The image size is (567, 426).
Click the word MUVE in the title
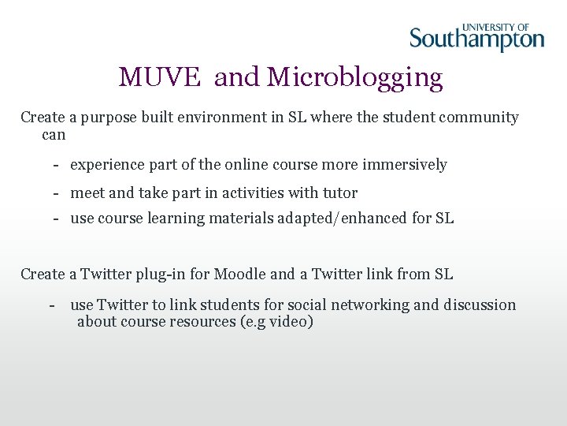click(161, 77)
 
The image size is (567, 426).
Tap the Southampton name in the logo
click(476, 39)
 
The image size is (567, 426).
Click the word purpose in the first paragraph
click(106, 118)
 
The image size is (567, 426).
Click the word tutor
click(340, 192)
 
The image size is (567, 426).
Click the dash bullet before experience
click(57, 165)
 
